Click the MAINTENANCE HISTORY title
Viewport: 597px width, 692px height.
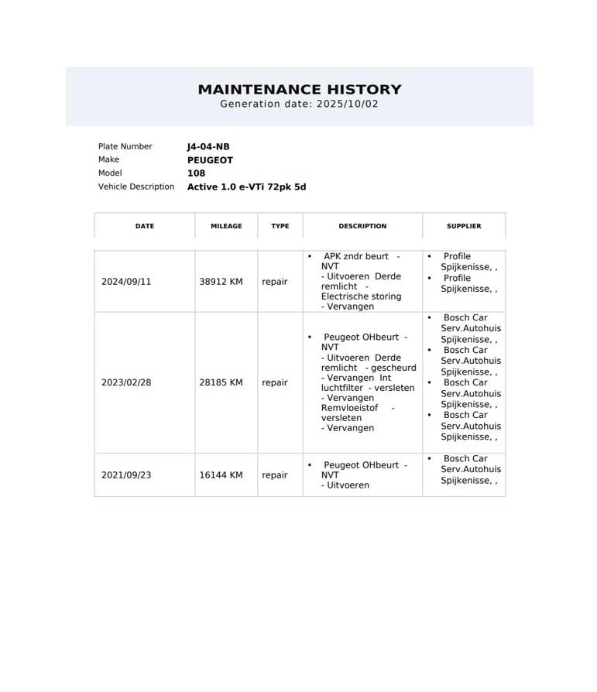pos(300,89)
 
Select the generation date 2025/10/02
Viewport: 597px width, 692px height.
pos(347,104)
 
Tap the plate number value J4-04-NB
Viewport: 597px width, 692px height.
pos(208,146)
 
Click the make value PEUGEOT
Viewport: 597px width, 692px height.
pos(210,160)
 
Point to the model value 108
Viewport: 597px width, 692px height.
pos(196,173)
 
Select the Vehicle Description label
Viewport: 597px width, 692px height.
pos(136,187)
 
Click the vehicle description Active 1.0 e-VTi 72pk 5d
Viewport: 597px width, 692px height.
pos(246,187)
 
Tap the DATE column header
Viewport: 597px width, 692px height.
pos(145,226)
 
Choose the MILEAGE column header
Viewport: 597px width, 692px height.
pos(226,226)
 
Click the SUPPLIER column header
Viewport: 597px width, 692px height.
pos(464,226)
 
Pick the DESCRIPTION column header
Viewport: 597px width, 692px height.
pos(362,226)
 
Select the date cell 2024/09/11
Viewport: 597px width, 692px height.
pos(126,282)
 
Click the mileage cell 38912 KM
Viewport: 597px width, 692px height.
pos(221,282)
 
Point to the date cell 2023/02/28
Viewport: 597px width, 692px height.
pos(126,382)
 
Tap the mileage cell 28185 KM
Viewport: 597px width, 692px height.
pos(221,382)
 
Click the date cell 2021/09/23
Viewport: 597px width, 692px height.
pos(126,475)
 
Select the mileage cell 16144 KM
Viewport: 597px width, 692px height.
pos(221,475)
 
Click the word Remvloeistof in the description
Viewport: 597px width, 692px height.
pos(349,408)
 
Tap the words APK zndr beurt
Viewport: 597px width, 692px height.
pos(356,256)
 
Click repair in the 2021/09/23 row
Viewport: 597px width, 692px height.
pos(275,475)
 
